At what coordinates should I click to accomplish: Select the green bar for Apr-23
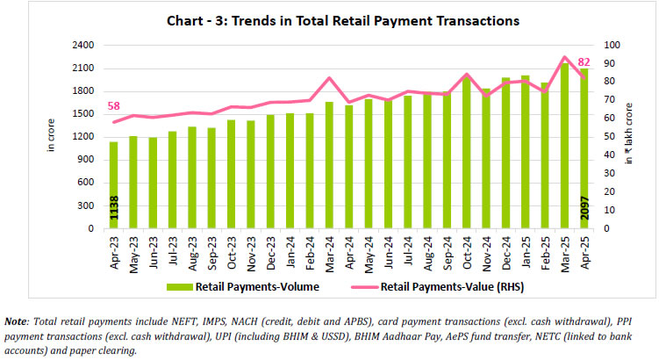(x=112, y=184)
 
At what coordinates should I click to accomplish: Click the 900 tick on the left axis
(x=86, y=160)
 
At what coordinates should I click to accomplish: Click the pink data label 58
(x=113, y=106)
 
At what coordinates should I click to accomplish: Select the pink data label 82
(x=584, y=61)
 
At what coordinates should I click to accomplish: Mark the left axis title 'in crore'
(x=51, y=137)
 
